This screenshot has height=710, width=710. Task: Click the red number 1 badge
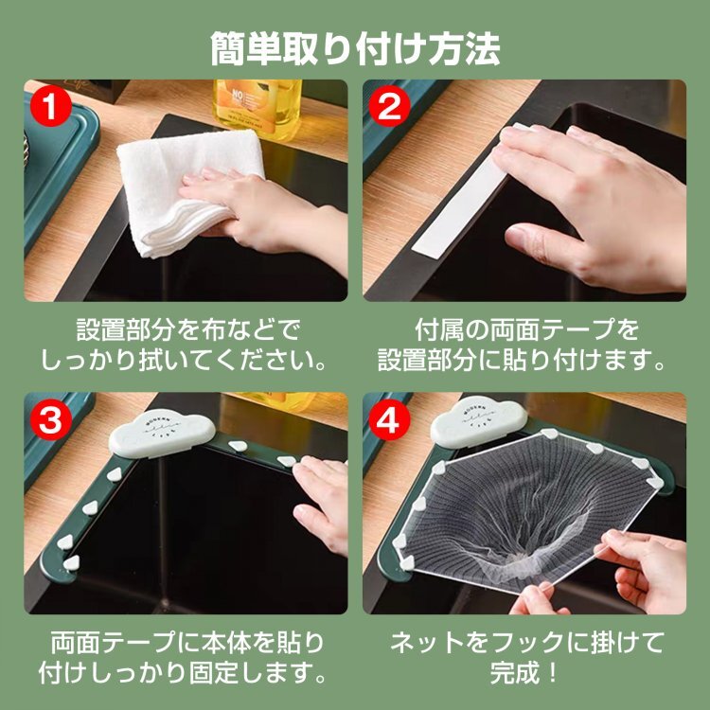click(x=50, y=106)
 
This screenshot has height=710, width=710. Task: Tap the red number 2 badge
click(x=389, y=106)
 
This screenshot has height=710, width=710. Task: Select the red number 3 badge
click(x=50, y=419)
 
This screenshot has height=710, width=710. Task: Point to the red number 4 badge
click(x=389, y=419)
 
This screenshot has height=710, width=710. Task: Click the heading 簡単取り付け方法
click(x=355, y=49)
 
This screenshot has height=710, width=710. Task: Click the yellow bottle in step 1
click(x=257, y=109)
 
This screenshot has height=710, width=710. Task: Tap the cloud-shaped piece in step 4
click(x=479, y=421)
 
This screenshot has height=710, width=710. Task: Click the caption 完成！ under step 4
click(x=524, y=672)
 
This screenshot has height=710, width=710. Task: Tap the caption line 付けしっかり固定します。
click(x=183, y=672)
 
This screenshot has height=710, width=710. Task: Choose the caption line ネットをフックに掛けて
click(x=526, y=642)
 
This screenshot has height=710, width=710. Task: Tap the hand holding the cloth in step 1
click(x=267, y=218)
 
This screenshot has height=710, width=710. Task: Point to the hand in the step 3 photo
click(x=321, y=503)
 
